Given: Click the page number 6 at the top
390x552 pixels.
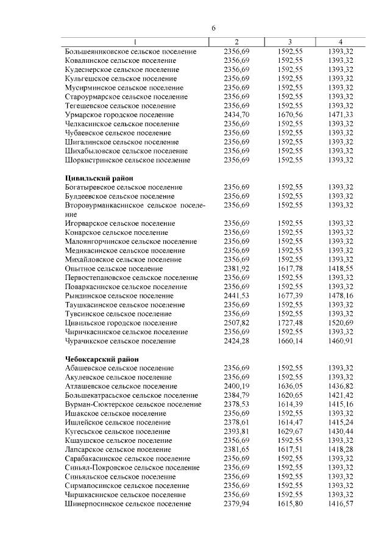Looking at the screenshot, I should pyautogui.click(x=214, y=29).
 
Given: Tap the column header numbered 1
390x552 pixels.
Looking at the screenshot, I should pyautogui.click(x=135, y=41).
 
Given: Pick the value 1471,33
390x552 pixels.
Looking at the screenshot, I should pyautogui.click(x=341, y=115).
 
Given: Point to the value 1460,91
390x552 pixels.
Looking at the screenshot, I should pyautogui.click(x=341, y=341).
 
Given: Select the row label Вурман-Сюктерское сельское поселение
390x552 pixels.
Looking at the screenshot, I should pyautogui.click(x=133, y=404).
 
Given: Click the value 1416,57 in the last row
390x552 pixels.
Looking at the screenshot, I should pyautogui.click(x=341, y=504).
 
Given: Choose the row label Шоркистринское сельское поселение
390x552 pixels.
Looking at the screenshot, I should pyautogui.click(x=127, y=160).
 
